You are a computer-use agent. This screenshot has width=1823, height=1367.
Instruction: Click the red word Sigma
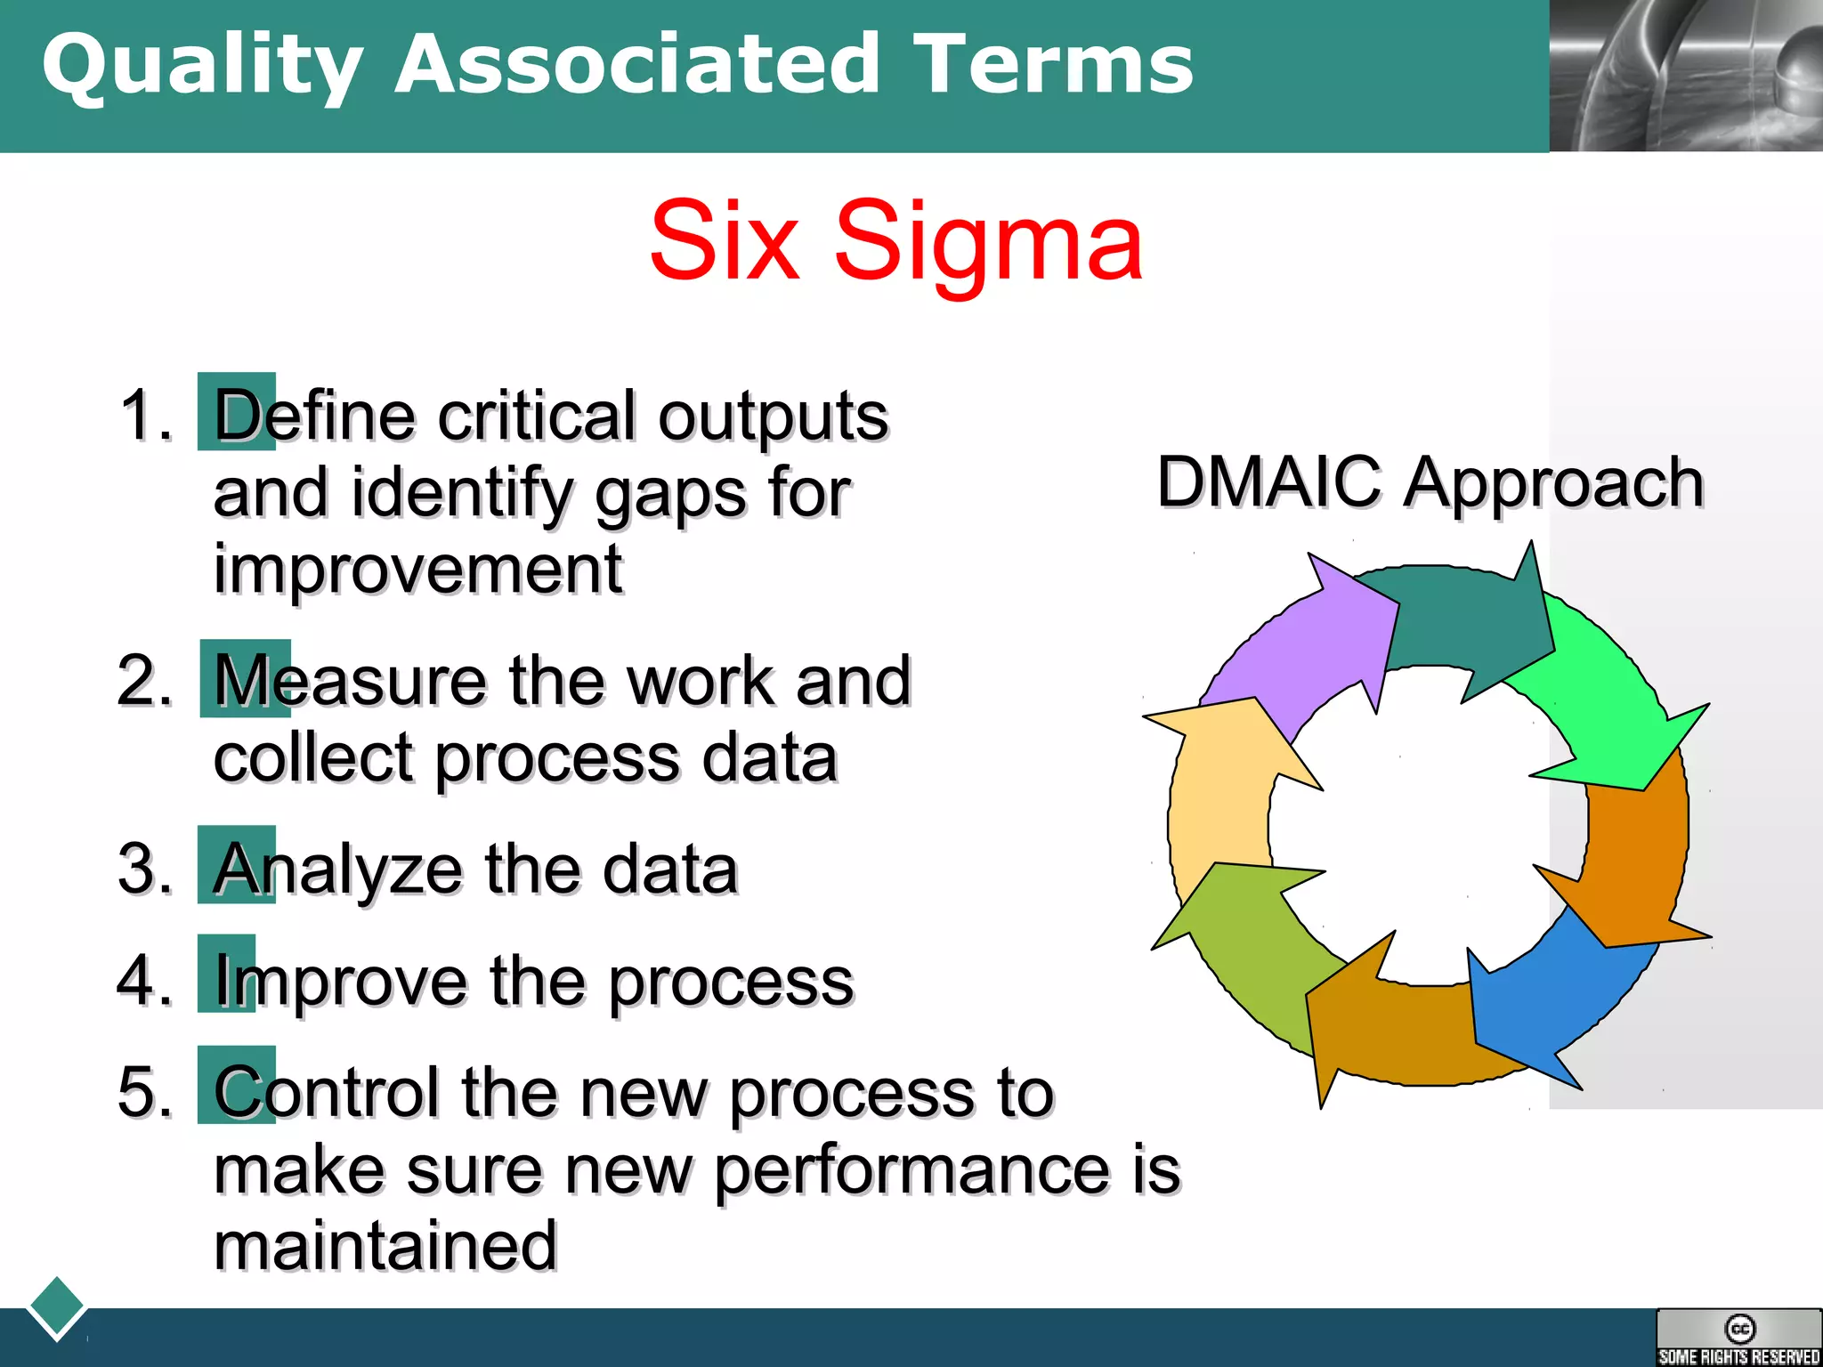pyautogui.click(x=988, y=242)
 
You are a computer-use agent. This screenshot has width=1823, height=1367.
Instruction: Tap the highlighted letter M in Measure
pyautogui.click(x=245, y=680)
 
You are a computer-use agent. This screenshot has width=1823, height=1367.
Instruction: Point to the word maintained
pyautogui.click(x=385, y=1246)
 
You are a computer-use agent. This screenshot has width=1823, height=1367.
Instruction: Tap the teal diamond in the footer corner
pyautogui.click(x=57, y=1307)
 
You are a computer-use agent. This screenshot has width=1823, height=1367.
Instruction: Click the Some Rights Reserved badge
pyautogui.click(x=1738, y=1339)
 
